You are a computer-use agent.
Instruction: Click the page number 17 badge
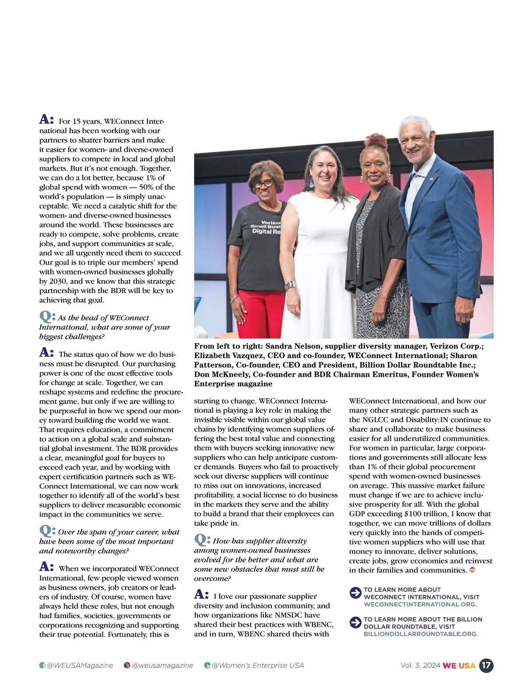[x=486, y=665]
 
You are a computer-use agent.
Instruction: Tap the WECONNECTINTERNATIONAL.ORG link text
[x=420, y=605]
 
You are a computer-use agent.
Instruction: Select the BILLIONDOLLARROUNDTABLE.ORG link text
[x=420, y=634]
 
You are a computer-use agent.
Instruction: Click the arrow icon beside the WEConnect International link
[x=355, y=593]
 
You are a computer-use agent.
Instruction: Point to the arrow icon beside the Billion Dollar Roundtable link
[x=355, y=622]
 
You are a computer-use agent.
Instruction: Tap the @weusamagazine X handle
[x=162, y=665]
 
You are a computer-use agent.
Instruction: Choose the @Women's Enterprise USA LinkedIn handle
[x=258, y=665]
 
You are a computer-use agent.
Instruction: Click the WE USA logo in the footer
[x=459, y=665]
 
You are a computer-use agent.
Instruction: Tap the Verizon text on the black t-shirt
[x=270, y=222]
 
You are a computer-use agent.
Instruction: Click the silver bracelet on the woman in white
[x=290, y=285]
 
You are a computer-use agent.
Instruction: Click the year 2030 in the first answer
[x=58, y=281]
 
